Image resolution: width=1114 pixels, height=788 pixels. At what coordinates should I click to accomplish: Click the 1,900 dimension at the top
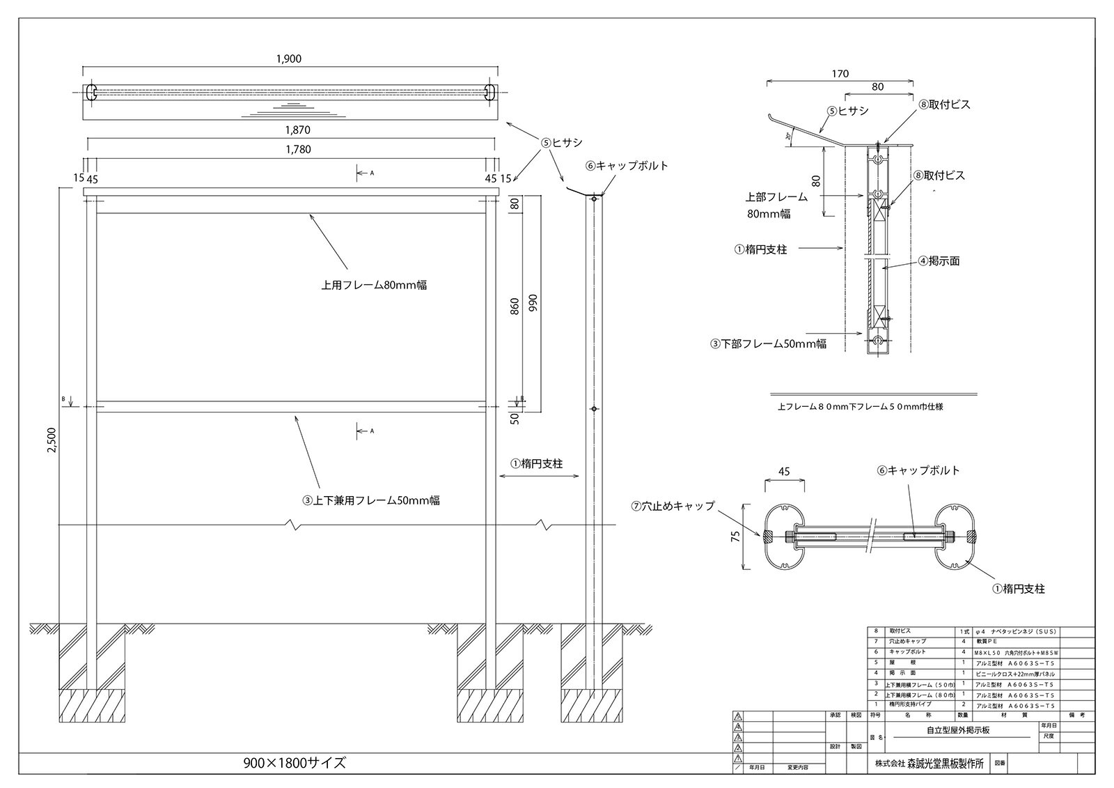click(x=288, y=59)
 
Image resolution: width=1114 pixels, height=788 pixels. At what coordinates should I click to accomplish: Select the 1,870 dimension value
click(x=297, y=130)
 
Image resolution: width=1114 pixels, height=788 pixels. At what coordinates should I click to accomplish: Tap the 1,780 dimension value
click(x=297, y=149)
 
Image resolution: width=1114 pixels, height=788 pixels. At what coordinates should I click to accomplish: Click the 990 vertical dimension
click(x=534, y=303)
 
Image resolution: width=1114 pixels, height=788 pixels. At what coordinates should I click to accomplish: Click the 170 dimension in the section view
click(x=840, y=73)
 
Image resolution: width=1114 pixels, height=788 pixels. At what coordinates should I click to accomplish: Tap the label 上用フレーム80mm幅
click(x=374, y=285)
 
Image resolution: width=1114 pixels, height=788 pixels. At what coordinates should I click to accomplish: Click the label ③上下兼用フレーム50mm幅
click(x=370, y=500)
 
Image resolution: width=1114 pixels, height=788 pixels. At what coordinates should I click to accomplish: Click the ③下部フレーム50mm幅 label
click(x=769, y=343)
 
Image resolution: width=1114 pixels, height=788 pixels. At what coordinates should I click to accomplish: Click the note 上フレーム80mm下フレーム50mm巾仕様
click(x=860, y=407)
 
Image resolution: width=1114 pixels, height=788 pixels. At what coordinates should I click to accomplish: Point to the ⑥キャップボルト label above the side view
click(x=627, y=166)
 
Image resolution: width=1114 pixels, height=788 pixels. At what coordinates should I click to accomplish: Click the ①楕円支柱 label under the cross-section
click(x=1019, y=589)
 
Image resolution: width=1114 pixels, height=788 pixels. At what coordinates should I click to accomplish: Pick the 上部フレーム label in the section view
click(x=778, y=197)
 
